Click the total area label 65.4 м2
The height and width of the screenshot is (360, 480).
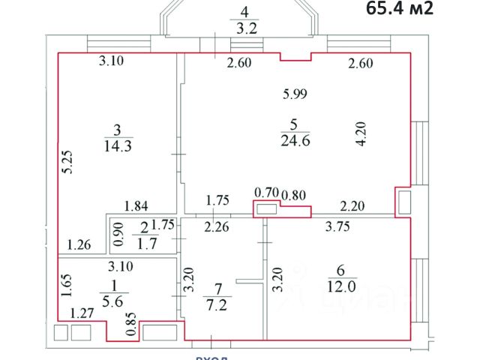(400, 9)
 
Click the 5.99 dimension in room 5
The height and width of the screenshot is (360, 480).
(295, 94)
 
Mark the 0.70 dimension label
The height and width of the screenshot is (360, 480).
(265, 192)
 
